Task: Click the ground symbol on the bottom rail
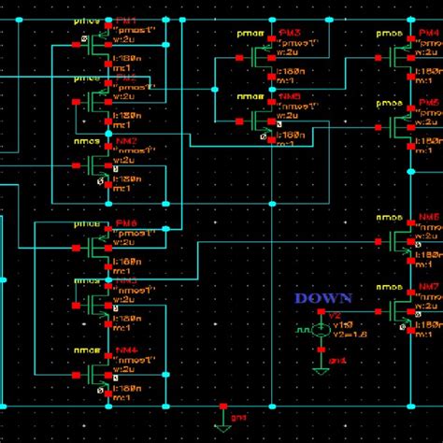(222, 418)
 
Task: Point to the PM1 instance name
(125, 21)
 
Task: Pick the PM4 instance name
(428, 34)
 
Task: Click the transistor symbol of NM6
(402, 240)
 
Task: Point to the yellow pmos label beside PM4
(389, 34)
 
